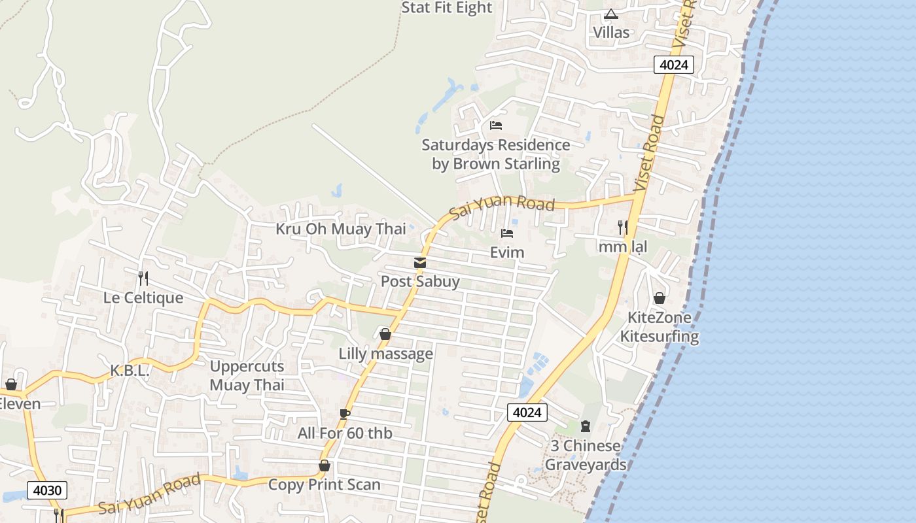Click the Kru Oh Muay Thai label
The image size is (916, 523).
[x=340, y=229]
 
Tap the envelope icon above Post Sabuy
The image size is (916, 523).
[x=420, y=263]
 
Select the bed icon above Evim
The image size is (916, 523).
[x=506, y=233]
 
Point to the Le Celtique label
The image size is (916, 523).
[x=143, y=298]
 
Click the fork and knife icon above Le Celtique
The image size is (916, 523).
[x=143, y=278]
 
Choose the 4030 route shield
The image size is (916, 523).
[x=47, y=490]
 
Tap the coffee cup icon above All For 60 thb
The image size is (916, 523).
[x=345, y=414]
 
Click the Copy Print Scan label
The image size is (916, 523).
[x=324, y=485]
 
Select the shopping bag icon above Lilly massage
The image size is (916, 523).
[x=385, y=335]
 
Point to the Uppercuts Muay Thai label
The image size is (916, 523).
[x=247, y=375]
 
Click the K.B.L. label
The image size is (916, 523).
[x=130, y=371]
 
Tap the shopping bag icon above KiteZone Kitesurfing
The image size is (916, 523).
[x=660, y=299]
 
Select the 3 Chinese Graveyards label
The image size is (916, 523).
[x=586, y=455]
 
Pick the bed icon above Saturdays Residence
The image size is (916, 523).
[x=496, y=126]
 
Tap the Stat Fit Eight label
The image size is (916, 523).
[x=446, y=8]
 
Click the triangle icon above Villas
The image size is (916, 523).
[x=611, y=14]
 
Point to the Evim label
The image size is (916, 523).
[x=507, y=252]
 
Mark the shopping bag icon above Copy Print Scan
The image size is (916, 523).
[x=324, y=466]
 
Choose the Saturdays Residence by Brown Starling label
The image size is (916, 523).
[x=496, y=154]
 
